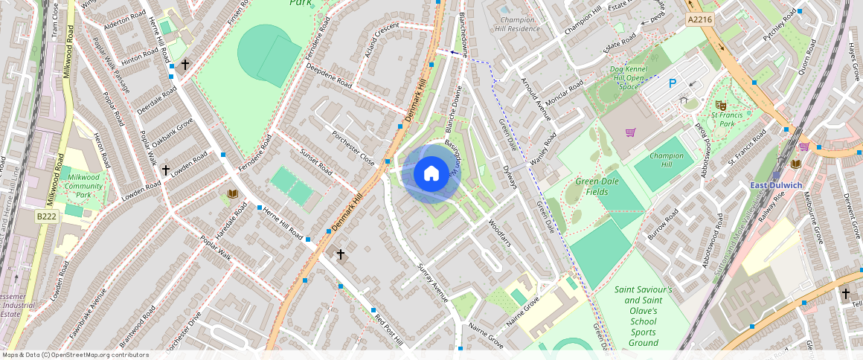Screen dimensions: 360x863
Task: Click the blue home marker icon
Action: pyautogui.click(x=431, y=174)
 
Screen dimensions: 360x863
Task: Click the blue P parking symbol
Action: pyautogui.click(x=672, y=84)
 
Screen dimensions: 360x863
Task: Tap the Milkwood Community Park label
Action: pyautogui.click(x=83, y=186)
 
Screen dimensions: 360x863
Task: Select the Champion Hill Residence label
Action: pyautogui.click(x=519, y=25)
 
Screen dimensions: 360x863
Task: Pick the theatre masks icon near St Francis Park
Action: pyautogui.click(x=719, y=106)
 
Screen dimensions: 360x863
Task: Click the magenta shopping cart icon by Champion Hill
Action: pyautogui.click(x=630, y=132)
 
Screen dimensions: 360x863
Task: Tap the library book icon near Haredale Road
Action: pyautogui.click(x=232, y=194)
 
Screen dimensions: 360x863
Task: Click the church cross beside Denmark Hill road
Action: pyautogui.click(x=341, y=254)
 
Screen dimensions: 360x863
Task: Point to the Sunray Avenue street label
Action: pyautogui.click(x=433, y=283)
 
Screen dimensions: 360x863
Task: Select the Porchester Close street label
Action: pyautogui.click(x=352, y=148)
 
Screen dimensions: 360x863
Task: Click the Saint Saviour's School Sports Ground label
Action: pyautogui.click(x=643, y=316)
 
